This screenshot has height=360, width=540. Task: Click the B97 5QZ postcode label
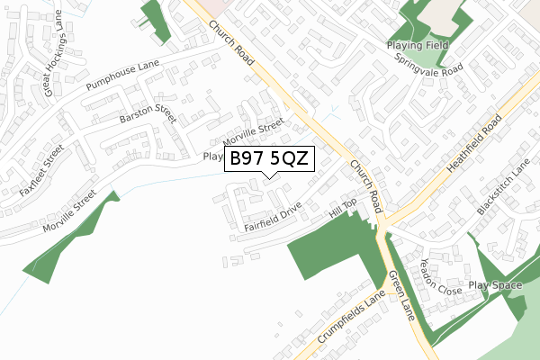[x=269, y=158]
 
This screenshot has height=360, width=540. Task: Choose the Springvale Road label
[x=428, y=62]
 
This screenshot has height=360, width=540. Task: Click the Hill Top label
[x=343, y=210]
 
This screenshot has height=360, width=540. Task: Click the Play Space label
[x=495, y=285]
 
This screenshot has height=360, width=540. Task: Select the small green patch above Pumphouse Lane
[x=148, y=15]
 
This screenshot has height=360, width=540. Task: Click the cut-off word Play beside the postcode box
[x=212, y=157]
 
